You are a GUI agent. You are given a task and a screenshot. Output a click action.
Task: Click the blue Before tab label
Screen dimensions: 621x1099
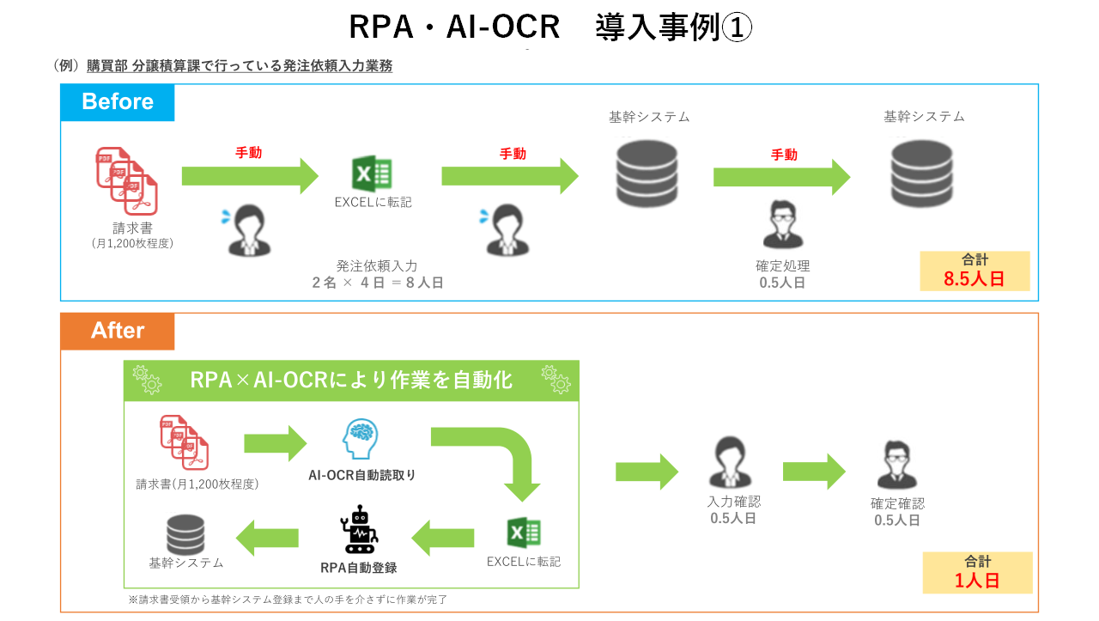[117, 102]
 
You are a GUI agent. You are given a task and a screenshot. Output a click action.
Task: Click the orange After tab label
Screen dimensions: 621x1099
[118, 331]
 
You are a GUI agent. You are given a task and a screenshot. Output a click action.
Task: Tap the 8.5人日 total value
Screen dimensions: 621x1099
[974, 279]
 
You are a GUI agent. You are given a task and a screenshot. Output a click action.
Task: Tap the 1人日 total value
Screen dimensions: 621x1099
[977, 580]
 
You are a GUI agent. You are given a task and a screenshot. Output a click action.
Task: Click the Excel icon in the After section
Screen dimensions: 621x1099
[523, 533]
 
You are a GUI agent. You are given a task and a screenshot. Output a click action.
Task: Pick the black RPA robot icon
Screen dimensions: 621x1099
[359, 530]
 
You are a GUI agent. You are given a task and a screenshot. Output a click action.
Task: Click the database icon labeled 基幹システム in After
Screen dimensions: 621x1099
[185, 533]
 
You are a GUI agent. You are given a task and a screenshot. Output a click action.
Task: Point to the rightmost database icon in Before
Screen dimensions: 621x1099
[921, 174]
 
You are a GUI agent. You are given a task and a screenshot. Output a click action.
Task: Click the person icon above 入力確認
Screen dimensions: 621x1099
[726, 464]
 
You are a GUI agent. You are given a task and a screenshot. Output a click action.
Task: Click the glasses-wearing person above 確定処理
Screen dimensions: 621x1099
[782, 225]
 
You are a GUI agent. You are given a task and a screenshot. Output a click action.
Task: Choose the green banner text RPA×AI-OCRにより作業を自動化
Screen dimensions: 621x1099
[351, 380]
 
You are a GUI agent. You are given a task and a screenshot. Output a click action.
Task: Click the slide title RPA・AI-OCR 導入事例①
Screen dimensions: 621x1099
[549, 27]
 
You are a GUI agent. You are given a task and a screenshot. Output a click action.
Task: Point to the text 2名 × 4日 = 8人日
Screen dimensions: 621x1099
[378, 282]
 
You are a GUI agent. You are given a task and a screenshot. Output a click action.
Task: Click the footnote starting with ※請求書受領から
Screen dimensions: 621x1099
[288, 600]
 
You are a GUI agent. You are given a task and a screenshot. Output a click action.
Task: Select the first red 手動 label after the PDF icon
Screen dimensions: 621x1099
[248, 153]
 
